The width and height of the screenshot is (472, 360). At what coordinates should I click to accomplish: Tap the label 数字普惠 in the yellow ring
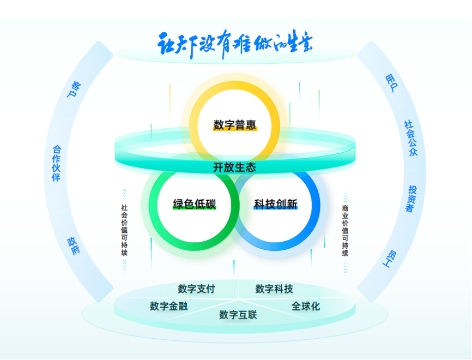pos(235,125)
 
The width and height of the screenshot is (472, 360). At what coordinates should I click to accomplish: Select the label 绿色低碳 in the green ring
pos(195,205)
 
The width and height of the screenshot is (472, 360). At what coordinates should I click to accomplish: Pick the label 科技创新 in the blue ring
pos(276,205)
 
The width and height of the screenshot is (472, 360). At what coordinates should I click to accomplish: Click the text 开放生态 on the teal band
pos(234,167)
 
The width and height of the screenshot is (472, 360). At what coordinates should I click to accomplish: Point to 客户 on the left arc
pos(74,90)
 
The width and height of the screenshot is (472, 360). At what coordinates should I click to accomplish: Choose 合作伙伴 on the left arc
pos(56,163)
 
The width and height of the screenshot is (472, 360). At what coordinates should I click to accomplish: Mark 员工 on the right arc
pos(391,257)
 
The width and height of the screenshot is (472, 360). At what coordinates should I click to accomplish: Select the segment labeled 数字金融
pos(168,306)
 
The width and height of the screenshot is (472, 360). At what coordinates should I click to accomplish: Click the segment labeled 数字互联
pos(238,315)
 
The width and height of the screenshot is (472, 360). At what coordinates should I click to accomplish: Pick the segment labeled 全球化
pos(306,306)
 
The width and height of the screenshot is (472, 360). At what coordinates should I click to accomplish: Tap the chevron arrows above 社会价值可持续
pos(124,195)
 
